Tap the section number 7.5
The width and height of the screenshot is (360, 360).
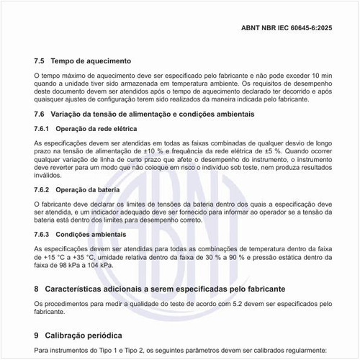(x=40, y=61)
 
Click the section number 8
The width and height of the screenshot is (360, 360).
(x=37, y=289)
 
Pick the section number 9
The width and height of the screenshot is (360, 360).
(x=37, y=336)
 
